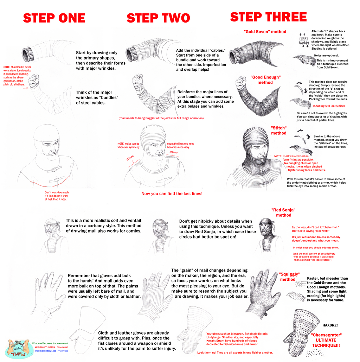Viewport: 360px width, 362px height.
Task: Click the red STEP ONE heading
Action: pyautogui.click(x=54, y=18)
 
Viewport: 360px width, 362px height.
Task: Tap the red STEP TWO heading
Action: pyautogui.click(x=158, y=18)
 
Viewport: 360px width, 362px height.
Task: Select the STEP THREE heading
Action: pyautogui.click(x=268, y=17)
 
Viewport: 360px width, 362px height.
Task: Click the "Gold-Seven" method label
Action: pyautogui.click(x=265, y=32)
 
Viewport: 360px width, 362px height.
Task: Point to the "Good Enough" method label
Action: pyautogui.click(x=265, y=80)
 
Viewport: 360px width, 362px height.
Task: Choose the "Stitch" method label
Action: pyautogui.click(x=279, y=131)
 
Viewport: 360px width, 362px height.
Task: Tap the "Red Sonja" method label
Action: pyautogui.click(x=283, y=212)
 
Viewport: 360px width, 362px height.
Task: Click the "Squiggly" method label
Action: pyautogui.click(x=289, y=277)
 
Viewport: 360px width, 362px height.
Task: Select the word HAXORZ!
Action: pyautogui.click(x=330, y=325)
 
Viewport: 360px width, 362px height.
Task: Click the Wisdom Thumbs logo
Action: pyautogui.click(x=19, y=349)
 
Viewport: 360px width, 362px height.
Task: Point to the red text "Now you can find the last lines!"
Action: pyautogui.click(x=172, y=194)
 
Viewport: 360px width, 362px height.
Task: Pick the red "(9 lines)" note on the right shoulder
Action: pyautogui.click(x=174, y=152)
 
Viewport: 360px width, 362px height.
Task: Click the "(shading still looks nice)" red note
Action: pyautogui.click(x=329, y=106)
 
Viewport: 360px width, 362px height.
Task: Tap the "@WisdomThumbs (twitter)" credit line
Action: pyautogui.click(x=51, y=351)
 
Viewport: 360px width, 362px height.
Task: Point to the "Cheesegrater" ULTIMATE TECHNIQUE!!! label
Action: pyautogui.click(x=326, y=340)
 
